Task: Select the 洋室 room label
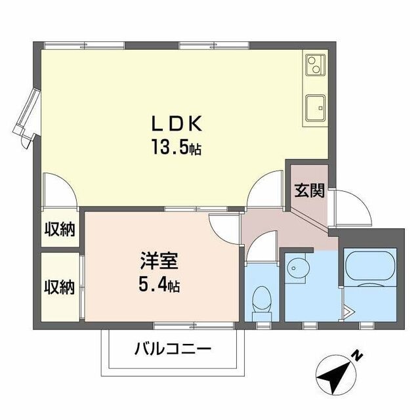point(157,261)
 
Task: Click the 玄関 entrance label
point(308,190)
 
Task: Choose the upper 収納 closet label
point(59,230)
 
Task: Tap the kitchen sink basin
point(315,105)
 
